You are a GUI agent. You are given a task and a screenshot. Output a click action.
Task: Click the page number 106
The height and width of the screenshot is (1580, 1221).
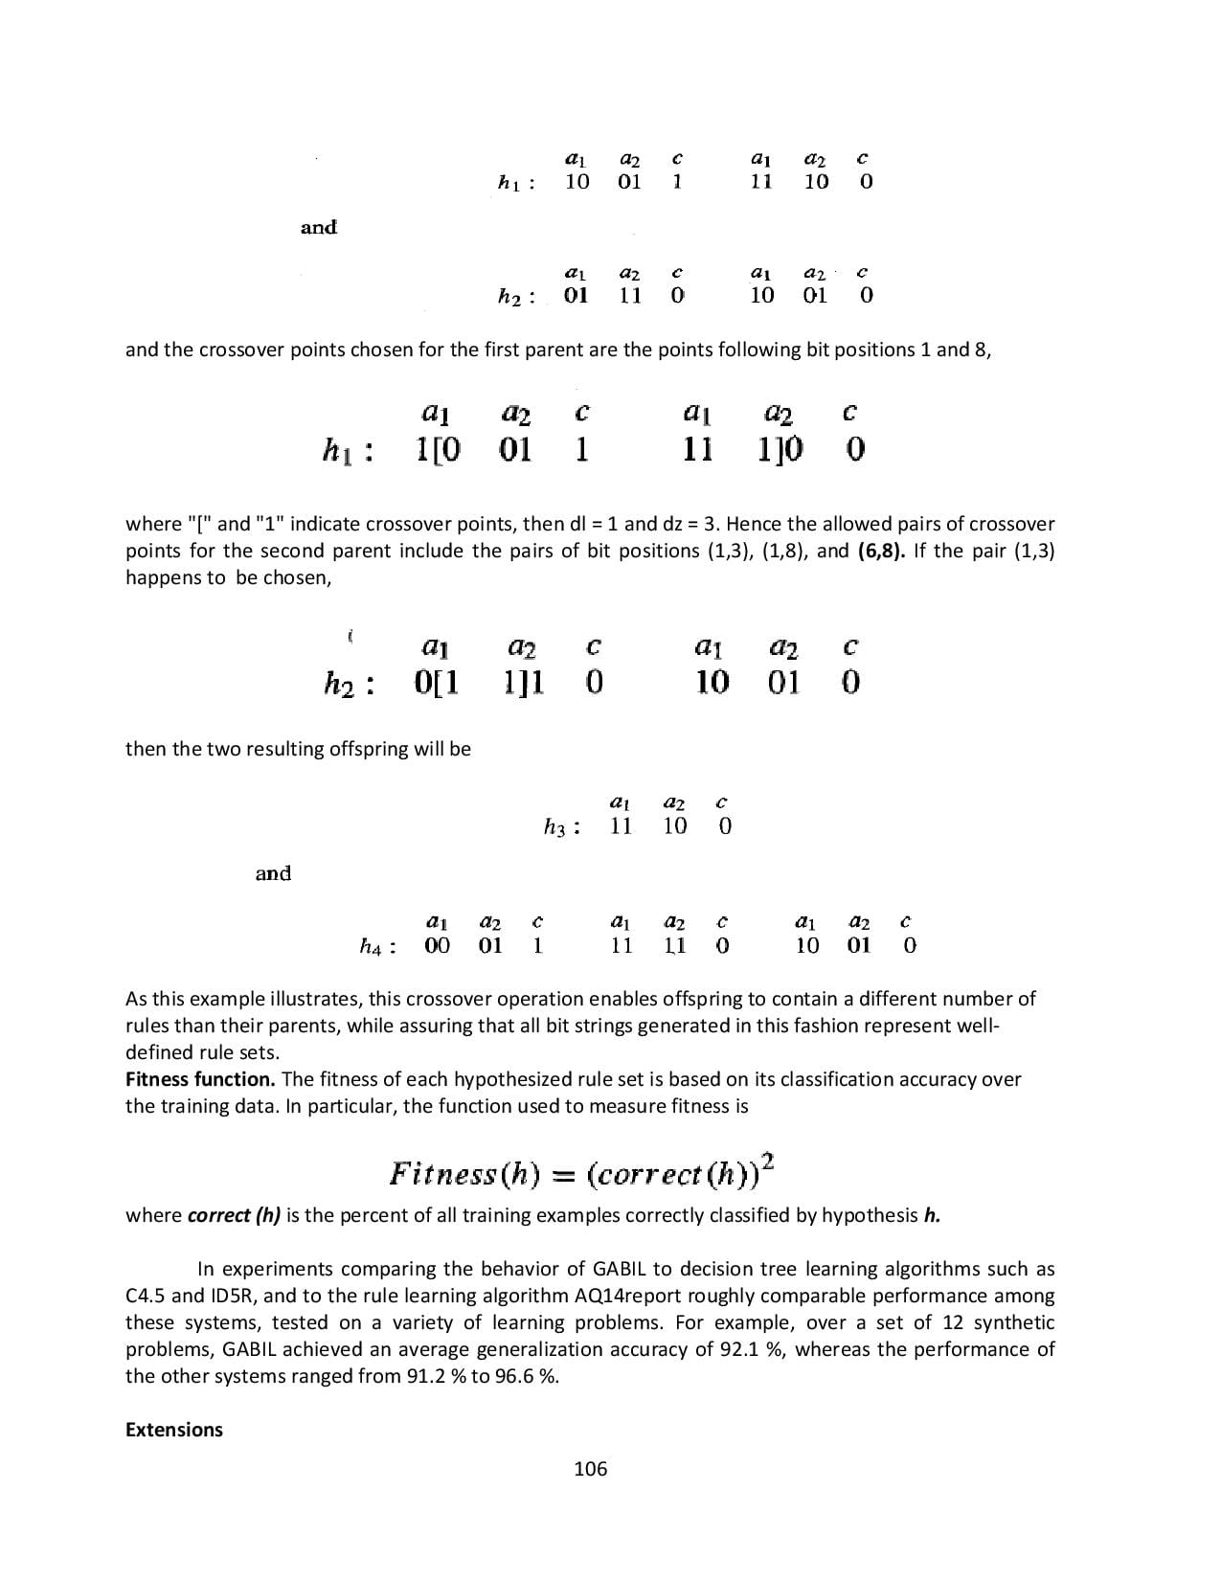(x=590, y=1468)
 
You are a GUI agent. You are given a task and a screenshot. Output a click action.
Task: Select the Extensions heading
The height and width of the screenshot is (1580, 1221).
(x=173, y=1430)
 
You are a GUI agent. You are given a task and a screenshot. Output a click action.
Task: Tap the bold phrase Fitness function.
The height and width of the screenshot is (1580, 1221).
(x=200, y=1079)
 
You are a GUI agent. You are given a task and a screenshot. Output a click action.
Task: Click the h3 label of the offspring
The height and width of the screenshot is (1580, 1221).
(x=560, y=827)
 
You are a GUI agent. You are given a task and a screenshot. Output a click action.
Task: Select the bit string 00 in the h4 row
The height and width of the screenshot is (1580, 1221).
(x=437, y=945)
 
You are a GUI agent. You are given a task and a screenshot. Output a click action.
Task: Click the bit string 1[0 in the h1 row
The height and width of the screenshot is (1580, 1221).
(x=439, y=449)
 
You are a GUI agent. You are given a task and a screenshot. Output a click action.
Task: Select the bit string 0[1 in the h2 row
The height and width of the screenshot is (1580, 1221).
(x=437, y=683)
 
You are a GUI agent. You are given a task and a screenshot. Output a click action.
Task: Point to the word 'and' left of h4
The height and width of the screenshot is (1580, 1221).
(x=273, y=873)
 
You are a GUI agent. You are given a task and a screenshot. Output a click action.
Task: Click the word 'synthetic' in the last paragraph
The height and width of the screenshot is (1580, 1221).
(x=1014, y=1322)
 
